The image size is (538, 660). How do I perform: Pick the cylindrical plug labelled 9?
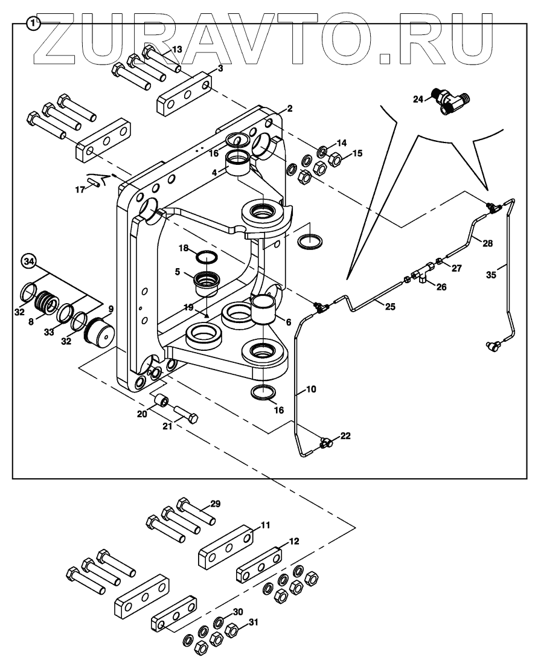tap(98, 332)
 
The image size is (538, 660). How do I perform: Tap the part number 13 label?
tap(176, 49)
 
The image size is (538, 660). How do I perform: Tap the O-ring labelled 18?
tap(207, 258)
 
